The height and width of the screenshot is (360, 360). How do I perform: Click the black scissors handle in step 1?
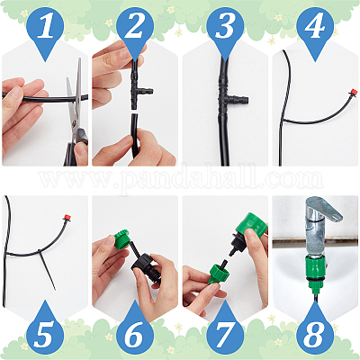coord(76,147)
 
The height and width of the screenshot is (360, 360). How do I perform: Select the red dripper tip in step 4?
coord(354,92)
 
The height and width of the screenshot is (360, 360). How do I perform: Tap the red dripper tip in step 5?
coord(67,216)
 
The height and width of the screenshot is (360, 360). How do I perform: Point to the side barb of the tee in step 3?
coord(238,100)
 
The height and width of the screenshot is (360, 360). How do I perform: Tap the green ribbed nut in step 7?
coord(220,273)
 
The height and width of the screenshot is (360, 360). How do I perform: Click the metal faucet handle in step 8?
coord(323,209)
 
